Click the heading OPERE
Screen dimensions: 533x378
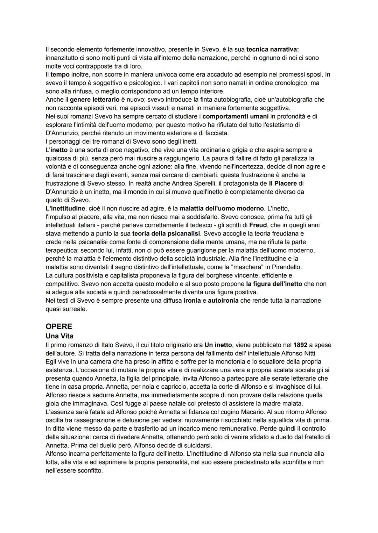click(x=59, y=326)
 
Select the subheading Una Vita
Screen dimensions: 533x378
click(x=59, y=336)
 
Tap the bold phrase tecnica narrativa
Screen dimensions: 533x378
click(x=275, y=49)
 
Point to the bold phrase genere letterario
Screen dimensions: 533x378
click(x=94, y=100)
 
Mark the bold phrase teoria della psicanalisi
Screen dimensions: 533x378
click(x=166, y=233)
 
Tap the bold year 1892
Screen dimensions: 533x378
click(x=300, y=345)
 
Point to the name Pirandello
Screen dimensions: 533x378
click(x=284, y=267)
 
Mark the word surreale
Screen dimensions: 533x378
click(x=75, y=309)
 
